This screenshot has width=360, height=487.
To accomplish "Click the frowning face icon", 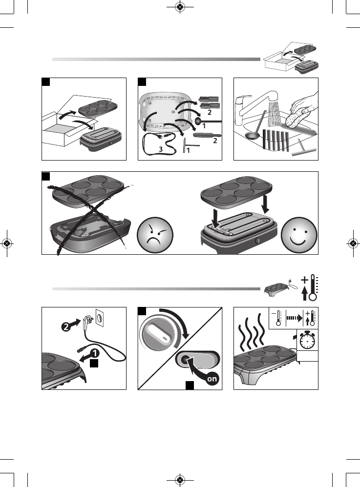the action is (x=155, y=235).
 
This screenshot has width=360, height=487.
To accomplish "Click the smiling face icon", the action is (x=299, y=235).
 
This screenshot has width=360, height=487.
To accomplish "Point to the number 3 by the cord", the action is (x=160, y=149).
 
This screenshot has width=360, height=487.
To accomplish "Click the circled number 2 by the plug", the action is (x=65, y=326).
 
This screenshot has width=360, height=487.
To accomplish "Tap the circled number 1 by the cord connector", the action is (x=95, y=353).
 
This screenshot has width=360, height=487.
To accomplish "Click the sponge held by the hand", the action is (x=296, y=119).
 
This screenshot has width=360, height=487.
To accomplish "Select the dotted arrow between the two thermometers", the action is (x=294, y=318).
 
